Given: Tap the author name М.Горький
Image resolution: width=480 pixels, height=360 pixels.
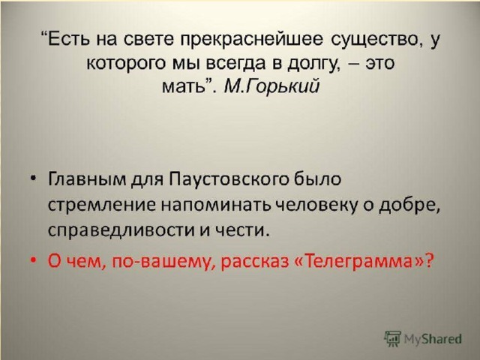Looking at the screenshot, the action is (x=271, y=86).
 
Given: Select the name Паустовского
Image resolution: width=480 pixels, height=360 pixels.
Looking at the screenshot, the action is (x=229, y=179).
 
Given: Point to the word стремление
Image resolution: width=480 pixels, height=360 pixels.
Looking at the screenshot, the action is (x=102, y=205).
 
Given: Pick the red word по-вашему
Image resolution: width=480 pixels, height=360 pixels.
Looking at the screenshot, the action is (x=163, y=262).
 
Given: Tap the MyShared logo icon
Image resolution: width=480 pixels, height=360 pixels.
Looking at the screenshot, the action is (x=392, y=338).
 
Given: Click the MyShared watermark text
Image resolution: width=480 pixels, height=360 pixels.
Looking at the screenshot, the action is (x=433, y=339).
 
